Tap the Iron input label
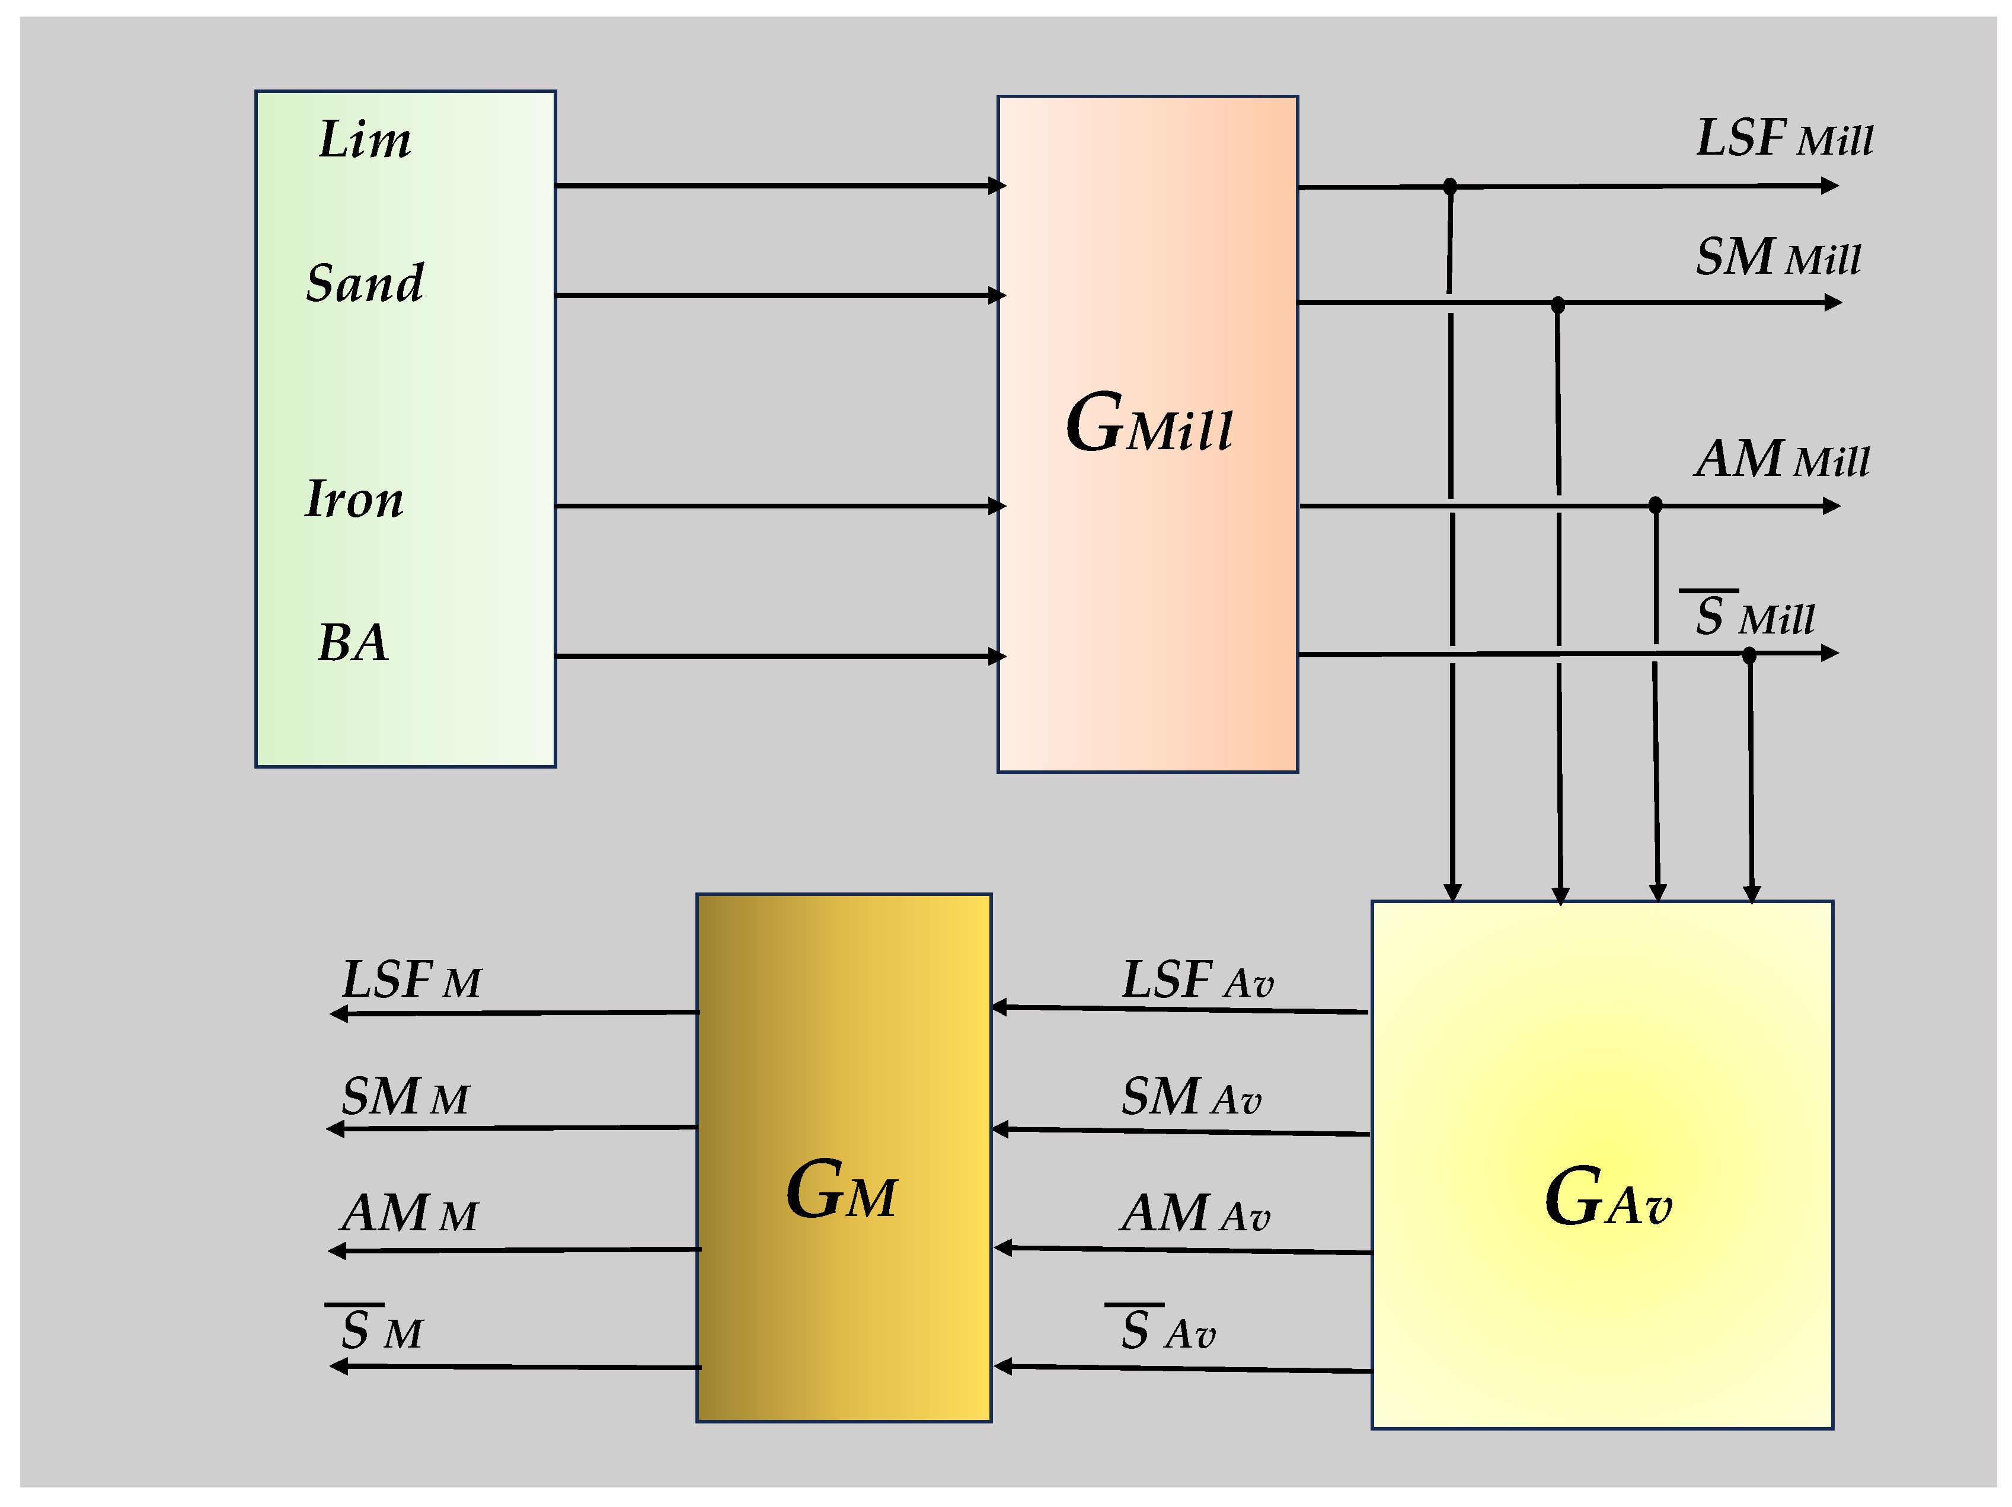pyautogui.click(x=354, y=500)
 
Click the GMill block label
pyautogui.click(x=1149, y=425)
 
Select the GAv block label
pyautogui.click(x=1607, y=1199)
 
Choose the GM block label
pyautogui.click(x=841, y=1191)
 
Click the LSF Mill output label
pyautogui.click(x=1784, y=139)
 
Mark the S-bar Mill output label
pyautogui.click(x=1753, y=617)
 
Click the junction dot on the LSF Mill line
pyautogui.click(x=1450, y=187)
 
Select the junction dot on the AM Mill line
pyautogui.click(x=1656, y=505)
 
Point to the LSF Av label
pyautogui.click(x=1197, y=980)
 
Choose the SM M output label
pyautogui.click(x=405, y=1097)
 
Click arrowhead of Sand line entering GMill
pyautogui.click(x=997, y=296)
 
